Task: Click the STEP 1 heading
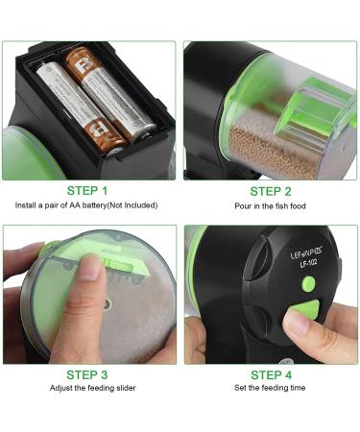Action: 87,190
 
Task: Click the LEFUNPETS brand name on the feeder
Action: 280,252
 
